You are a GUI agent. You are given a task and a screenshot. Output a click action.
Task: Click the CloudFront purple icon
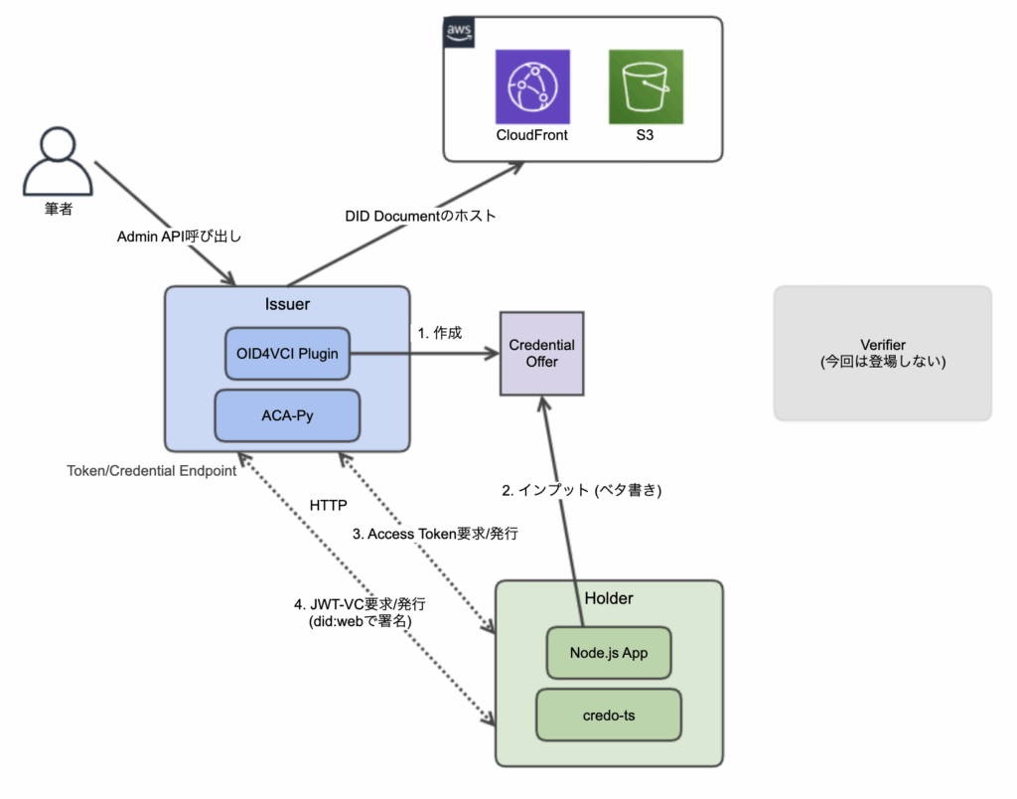click(x=532, y=86)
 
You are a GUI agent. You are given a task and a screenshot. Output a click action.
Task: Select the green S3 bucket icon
click(x=646, y=86)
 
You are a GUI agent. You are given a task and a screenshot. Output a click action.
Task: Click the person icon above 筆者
click(x=58, y=161)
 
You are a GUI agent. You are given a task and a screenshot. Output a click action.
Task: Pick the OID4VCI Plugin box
click(x=287, y=354)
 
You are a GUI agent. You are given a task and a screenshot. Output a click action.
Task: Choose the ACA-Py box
click(x=287, y=415)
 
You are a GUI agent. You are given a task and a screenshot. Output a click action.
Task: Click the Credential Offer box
click(x=541, y=354)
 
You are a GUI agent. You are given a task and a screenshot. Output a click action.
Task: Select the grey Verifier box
click(x=883, y=354)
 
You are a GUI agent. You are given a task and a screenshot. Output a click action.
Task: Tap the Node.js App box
click(x=609, y=653)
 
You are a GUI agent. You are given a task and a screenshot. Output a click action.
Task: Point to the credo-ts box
click(x=609, y=716)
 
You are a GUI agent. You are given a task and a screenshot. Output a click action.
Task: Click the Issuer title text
click(x=287, y=304)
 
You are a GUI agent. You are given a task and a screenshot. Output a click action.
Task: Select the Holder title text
click(x=609, y=598)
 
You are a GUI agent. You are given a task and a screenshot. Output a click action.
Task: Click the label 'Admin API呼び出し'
click(x=179, y=237)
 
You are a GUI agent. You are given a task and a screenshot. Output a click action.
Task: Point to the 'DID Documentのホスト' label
click(x=420, y=216)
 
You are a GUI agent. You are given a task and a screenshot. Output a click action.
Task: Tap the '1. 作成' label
click(x=440, y=333)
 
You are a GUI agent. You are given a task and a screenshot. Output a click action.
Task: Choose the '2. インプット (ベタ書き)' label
click(x=582, y=490)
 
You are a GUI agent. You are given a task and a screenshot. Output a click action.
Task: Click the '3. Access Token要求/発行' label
click(x=435, y=534)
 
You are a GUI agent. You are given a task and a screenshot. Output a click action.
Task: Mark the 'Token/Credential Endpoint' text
click(x=152, y=471)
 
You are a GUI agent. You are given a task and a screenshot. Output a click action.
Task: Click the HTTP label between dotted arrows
click(x=328, y=505)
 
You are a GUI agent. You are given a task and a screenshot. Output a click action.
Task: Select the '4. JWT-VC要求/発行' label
click(x=360, y=604)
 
